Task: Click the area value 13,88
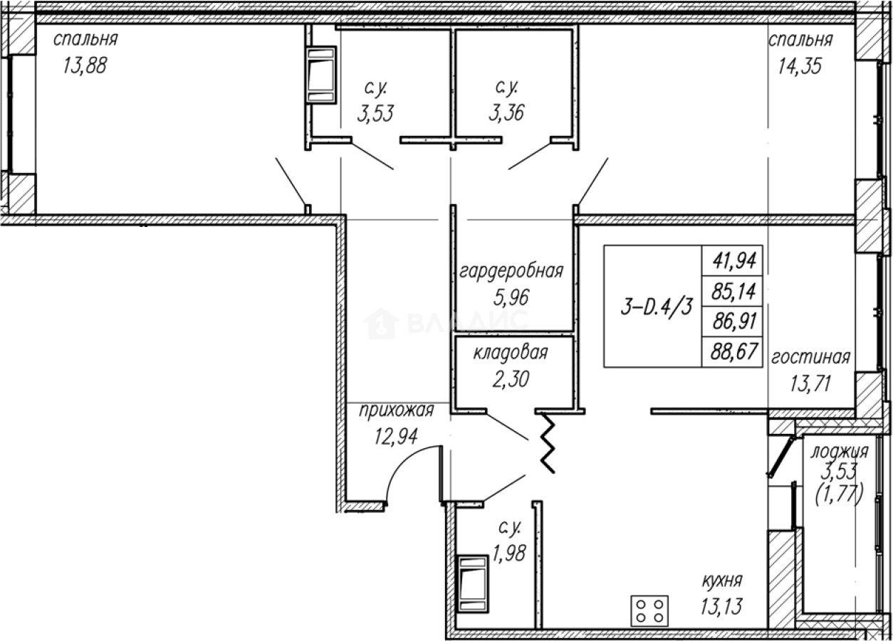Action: pos(85,68)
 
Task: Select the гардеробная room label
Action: pos(511,271)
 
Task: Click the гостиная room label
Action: pos(810,357)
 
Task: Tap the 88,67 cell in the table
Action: pos(732,351)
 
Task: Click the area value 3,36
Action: pos(506,113)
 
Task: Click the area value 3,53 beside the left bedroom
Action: pos(375,113)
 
